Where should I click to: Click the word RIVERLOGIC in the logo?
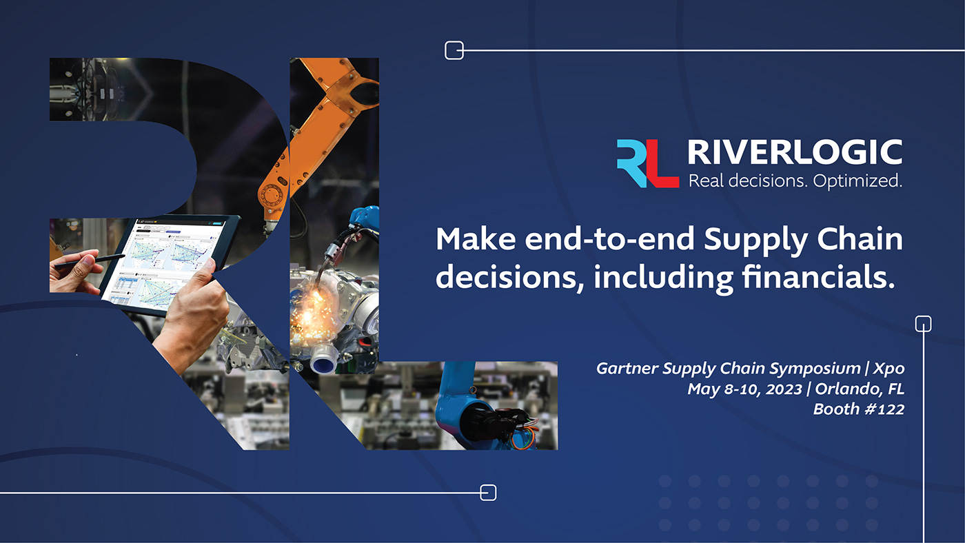click(795, 152)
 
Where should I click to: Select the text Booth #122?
click(858, 409)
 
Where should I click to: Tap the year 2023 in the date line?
click(784, 389)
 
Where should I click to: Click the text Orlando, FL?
click(860, 389)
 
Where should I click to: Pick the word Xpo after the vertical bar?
click(888, 368)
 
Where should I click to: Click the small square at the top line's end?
click(454, 50)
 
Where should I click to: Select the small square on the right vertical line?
click(923, 323)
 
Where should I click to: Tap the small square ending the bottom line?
click(487, 493)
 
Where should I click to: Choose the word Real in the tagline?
click(706, 182)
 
